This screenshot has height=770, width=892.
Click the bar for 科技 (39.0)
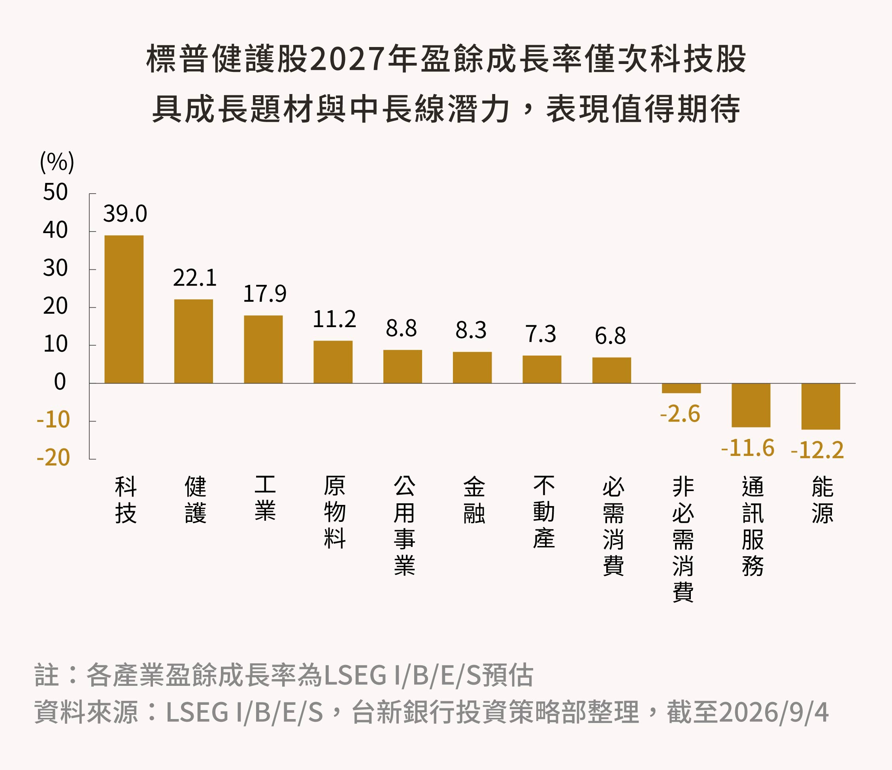coord(124,309)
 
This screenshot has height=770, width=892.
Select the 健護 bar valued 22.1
coord(194,341)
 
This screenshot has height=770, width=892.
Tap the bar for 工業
coord(264,349)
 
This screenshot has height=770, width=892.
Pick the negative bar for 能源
coord(820,406)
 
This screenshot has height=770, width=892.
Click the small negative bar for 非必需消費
coord(681,388)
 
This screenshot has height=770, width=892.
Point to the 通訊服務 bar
coord(751,405)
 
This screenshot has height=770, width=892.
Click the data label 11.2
coord(334,319)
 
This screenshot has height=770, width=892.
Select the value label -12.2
coord(817,450)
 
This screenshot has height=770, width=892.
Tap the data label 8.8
coord(401,328)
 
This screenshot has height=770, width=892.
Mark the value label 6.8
coord(611,336)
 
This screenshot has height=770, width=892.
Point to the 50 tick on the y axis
coord(56,192)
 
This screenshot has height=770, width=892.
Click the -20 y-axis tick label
coord(53,457)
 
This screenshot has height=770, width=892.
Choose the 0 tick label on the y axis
coord(60,382)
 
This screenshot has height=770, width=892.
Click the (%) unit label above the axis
coord(57,162)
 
